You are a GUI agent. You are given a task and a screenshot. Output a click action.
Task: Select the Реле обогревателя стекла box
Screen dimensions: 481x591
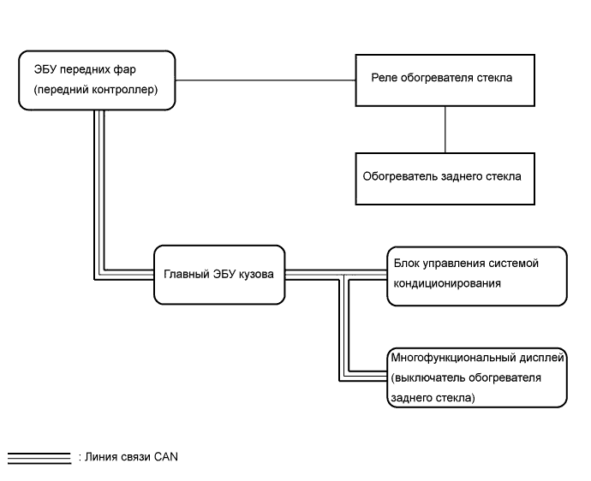click(443, 80)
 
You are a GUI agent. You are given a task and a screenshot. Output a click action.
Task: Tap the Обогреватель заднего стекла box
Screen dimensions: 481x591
click(443, 177)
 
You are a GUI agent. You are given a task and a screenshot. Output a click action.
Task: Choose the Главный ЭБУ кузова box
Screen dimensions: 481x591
click(218, 275)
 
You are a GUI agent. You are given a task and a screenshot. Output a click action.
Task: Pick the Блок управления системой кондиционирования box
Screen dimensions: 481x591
click(476, 276)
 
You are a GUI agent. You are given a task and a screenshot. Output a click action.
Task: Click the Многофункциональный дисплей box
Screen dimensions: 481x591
click(476, 376)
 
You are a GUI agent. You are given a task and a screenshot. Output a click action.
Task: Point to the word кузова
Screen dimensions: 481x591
click(254, 276)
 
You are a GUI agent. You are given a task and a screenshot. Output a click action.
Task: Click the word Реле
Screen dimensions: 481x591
click(383, 78)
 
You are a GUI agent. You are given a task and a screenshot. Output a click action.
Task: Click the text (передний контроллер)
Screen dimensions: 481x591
click(91, 88)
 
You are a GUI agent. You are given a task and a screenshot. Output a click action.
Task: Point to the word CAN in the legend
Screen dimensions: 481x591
click(165, 455)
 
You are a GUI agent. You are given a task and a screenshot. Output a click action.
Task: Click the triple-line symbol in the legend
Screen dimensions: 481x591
click(39, 455)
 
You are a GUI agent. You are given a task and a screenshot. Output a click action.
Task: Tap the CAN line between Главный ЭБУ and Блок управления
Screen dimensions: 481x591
click(335, 275)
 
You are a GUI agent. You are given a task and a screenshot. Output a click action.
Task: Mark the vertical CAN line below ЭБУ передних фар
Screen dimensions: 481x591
click(99, 188)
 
